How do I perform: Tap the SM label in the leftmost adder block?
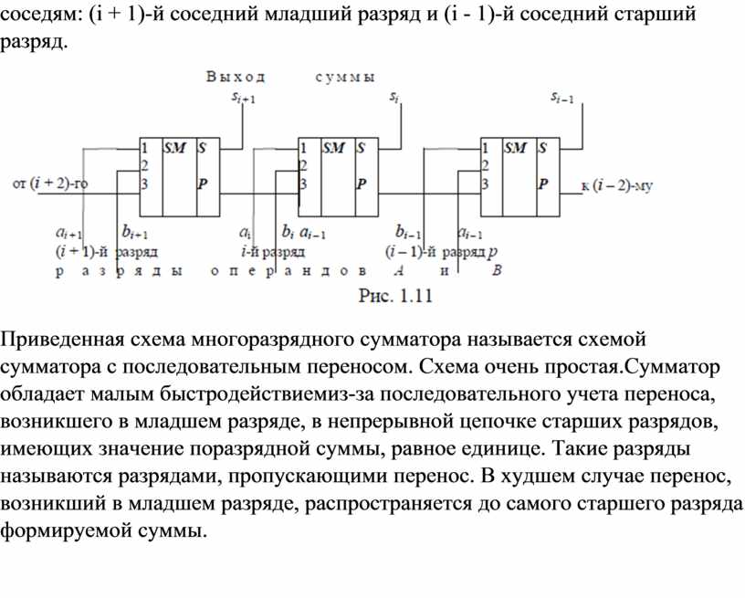(x=175, y=147)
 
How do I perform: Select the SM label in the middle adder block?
(x=335, y=147)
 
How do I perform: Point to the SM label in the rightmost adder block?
(x=516, y=147)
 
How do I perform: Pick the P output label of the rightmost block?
(x=543, y=184)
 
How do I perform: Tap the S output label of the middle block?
(x=362, y=147)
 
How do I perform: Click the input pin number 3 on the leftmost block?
(x=144, y=183)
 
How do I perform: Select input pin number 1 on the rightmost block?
(x=485, y=147)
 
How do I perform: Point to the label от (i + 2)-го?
(x=49, y=185)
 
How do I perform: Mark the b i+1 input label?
(x=134, y=233)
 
